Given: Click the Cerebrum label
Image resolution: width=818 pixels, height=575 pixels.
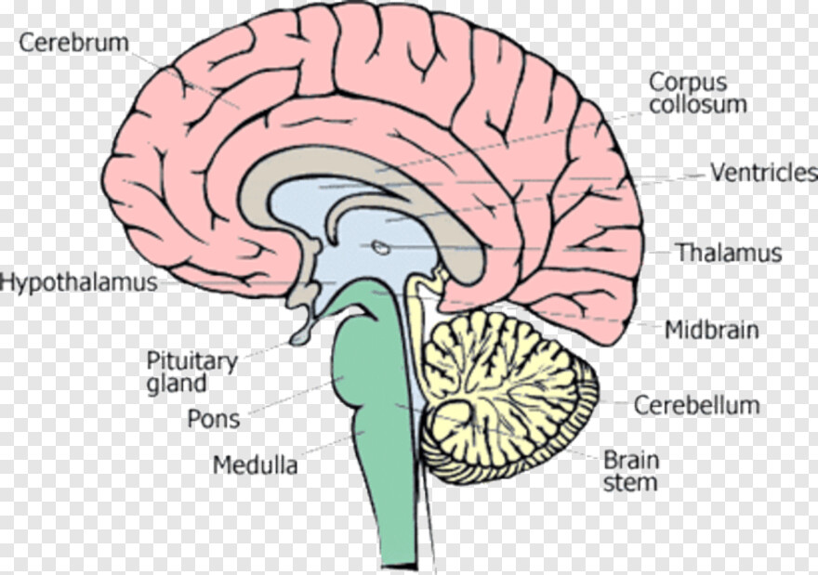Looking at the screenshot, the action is point(73,42).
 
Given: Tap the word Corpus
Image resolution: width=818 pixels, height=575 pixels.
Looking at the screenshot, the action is point(688,83).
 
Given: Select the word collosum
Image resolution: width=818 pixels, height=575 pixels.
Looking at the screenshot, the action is point(698,104).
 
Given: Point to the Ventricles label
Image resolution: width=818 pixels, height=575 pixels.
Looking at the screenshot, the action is point(764,172).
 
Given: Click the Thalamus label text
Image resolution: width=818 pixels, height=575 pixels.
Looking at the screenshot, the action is point(730,253).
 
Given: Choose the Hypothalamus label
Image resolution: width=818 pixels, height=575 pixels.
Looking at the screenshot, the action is point(79,282).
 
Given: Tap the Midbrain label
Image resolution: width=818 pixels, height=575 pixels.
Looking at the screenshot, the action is point(712,330).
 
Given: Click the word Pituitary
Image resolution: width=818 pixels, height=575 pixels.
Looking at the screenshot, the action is point(191,361).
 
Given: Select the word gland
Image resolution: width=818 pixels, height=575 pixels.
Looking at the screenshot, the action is point(177,383).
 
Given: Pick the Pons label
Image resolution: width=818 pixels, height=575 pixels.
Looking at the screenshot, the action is point(214,419).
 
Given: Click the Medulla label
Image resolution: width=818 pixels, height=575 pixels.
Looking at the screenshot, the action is point(255,464).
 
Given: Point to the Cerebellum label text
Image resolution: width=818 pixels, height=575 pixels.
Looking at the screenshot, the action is point(696,405).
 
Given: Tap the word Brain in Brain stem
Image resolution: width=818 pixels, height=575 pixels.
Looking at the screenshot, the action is point(631,461).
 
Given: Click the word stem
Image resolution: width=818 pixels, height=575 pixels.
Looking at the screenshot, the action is point(629,482).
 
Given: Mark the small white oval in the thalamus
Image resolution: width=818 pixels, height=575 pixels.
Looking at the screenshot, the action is point(381,247).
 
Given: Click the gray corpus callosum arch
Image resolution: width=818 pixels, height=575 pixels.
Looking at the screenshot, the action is point(365,159).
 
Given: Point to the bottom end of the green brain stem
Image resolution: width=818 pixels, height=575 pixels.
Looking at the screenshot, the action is point(399,566).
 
